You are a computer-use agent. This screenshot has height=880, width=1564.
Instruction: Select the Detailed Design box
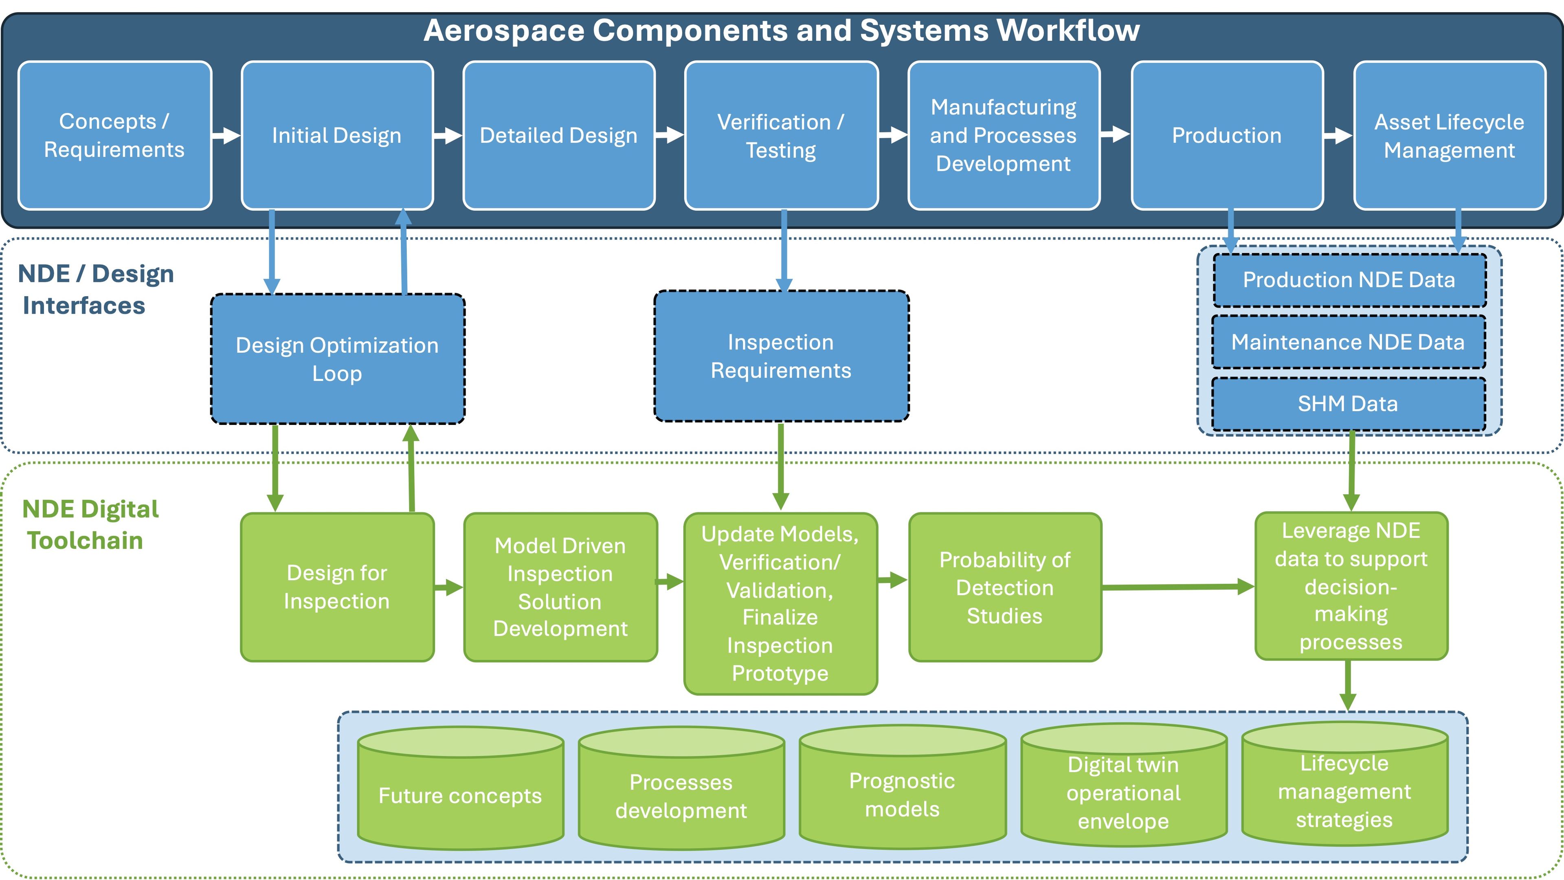tap(558, 135)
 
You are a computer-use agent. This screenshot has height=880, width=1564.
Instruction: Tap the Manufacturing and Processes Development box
tap(1004, 135)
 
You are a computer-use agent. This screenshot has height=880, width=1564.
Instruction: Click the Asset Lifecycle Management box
tap(1449, 135)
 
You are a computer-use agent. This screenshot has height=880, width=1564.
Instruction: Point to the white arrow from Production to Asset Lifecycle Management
tap(1338, 135)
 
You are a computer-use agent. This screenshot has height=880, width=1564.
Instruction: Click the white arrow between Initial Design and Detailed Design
tap(448, 135)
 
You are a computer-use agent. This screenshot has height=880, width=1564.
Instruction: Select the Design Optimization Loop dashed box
tap(338, 359)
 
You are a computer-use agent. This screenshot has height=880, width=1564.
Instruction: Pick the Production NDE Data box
tap(1349, 280)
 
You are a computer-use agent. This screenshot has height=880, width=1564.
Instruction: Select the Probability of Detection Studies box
tap(1005, 587)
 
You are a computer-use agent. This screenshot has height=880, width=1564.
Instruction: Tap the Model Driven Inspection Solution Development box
tap(560, 587)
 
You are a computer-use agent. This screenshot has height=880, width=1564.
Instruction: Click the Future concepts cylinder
tap(460, 796)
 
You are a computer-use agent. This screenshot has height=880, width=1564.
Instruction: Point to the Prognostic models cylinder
tap(902, 794)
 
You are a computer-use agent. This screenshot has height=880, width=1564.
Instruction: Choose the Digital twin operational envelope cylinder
tap(1123, 792)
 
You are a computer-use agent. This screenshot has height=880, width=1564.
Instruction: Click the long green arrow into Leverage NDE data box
tap(1178, 587)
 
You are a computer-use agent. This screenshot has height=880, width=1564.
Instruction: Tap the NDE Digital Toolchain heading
tap(90, 525)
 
